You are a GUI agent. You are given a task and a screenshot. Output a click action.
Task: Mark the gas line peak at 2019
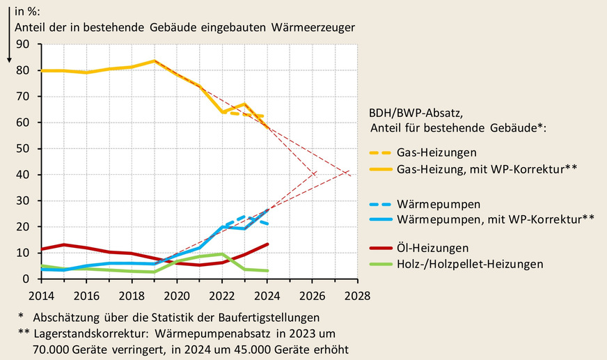tap(155, 61)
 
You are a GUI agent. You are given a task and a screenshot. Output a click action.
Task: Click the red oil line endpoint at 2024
tap(267, 244)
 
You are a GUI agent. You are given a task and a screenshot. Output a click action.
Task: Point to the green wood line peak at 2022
tap(222, 254)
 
